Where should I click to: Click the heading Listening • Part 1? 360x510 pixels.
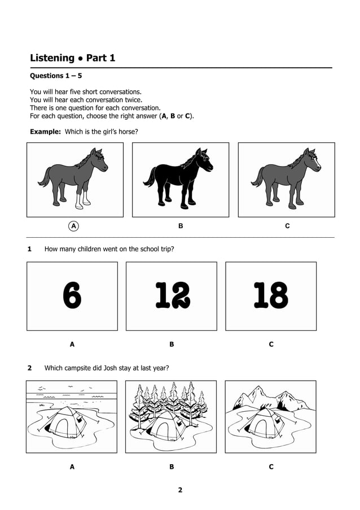click(x=72, y=58)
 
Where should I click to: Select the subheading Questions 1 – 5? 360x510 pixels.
click(x=56, y=76)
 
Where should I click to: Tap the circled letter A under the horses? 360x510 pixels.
click(x=73, y=226)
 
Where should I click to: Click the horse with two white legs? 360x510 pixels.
click(x=73, y=178)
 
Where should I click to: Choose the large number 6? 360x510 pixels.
click(x=72, y=295)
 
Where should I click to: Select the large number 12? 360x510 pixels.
click(x=172, y=295)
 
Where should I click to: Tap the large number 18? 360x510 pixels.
click(x=271, y=295)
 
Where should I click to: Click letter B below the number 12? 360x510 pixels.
click(x=172, y=344)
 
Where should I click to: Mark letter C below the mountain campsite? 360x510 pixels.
click(x=271, y=467)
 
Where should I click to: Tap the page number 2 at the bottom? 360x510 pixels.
click(x=180, y=490)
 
